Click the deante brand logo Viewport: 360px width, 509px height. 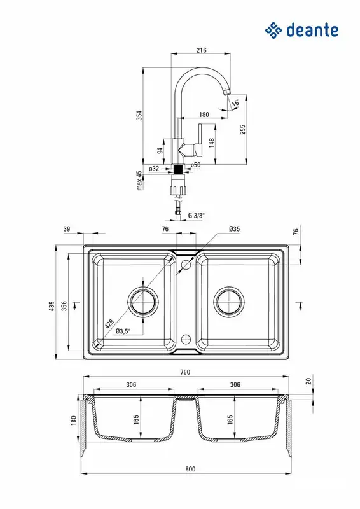pos(301,31)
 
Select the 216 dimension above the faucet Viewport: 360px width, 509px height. pos(201,50)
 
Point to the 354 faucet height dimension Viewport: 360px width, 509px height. pos(139,116)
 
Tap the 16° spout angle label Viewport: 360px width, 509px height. pos(236,102)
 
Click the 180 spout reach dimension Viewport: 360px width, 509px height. pos(204,115)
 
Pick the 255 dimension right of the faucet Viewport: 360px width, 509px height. pos(242,129)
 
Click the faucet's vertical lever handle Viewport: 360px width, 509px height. pos(200,139)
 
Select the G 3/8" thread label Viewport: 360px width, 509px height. pos(197,215)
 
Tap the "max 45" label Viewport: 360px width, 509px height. pos(139,181)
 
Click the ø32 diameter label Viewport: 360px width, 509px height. pos(154,169)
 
